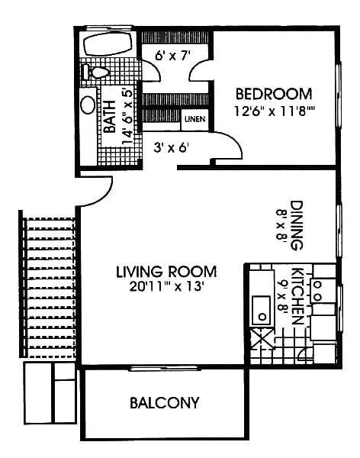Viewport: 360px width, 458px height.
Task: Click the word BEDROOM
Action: (x=273, y=94)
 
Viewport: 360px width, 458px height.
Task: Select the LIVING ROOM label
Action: (x=166, y=271)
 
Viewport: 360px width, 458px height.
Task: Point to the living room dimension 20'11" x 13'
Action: (x=166, y=287)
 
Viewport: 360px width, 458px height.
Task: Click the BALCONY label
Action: (x=164, y=402)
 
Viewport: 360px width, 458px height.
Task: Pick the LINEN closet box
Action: (x=193, y=119)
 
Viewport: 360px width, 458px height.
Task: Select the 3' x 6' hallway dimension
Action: (x=171, y=147)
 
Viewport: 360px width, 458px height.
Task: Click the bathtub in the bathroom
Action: (x=108, y=44)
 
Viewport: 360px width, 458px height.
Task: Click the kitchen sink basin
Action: (x=262, y=310)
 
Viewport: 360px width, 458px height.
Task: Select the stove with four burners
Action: (x=325, y=289)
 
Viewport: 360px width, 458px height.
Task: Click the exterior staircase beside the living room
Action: (x=50, y=288)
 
